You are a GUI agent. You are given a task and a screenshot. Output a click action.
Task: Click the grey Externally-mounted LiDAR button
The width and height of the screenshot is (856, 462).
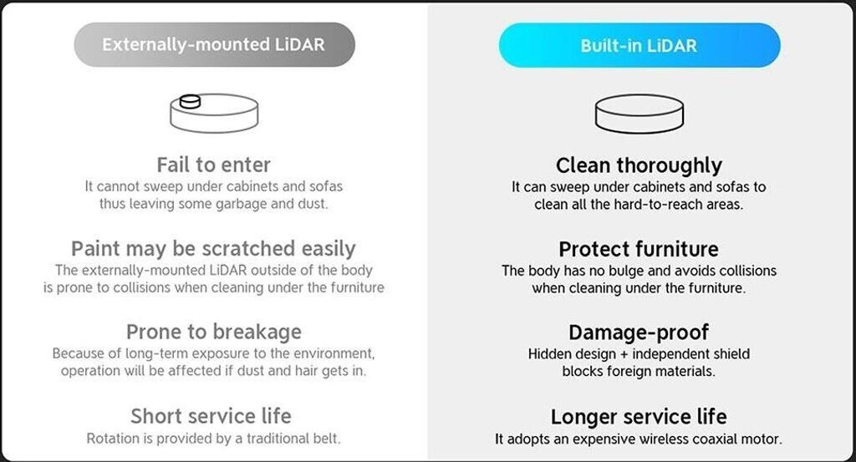point(215,45)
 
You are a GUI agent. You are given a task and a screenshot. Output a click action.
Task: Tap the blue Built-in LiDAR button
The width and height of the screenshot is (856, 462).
point(639,45)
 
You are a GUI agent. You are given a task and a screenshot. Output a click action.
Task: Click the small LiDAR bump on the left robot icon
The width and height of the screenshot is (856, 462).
point(190,101)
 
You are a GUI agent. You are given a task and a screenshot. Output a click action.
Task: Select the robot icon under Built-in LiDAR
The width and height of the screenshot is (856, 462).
point(639,114)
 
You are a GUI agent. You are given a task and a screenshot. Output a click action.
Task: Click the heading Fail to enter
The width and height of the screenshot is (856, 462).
point(213,165)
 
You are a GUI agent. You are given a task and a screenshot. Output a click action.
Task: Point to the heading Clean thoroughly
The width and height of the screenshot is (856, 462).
point(639,165)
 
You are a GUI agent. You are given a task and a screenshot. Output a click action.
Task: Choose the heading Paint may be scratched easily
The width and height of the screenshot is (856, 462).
point(213,249)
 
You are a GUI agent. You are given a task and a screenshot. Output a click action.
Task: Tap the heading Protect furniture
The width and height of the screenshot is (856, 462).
point(639,249)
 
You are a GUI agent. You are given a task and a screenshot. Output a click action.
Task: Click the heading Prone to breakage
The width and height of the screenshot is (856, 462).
point(213,332)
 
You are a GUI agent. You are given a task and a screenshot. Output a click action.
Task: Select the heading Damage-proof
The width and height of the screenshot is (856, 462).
point(639,333)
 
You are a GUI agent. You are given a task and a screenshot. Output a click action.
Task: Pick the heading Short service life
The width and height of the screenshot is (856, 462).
point(211,416)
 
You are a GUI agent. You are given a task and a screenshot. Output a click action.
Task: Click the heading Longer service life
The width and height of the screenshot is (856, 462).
point(639,417)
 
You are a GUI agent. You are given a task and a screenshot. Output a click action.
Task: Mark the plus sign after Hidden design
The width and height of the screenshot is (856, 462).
point(624,354)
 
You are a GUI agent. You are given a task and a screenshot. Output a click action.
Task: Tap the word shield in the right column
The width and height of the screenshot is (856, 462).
point(731,354)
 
